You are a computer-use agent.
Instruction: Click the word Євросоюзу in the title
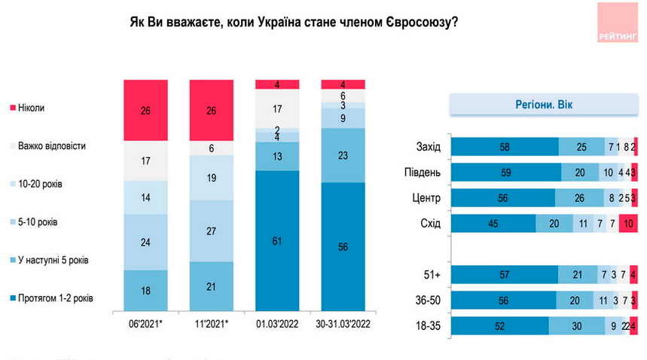tap(420, 23)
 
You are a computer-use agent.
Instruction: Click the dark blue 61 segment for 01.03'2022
tap(278, 240)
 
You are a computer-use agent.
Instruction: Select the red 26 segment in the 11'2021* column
tap(212, 110)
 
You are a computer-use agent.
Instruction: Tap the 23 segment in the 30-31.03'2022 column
tap(343, 155)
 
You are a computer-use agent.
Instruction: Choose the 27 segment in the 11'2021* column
tap(212, 230)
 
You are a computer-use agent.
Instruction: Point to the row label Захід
tap(429, 147)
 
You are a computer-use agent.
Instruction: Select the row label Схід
tap(430, 224)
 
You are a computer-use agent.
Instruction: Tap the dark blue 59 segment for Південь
tap(505, 172)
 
